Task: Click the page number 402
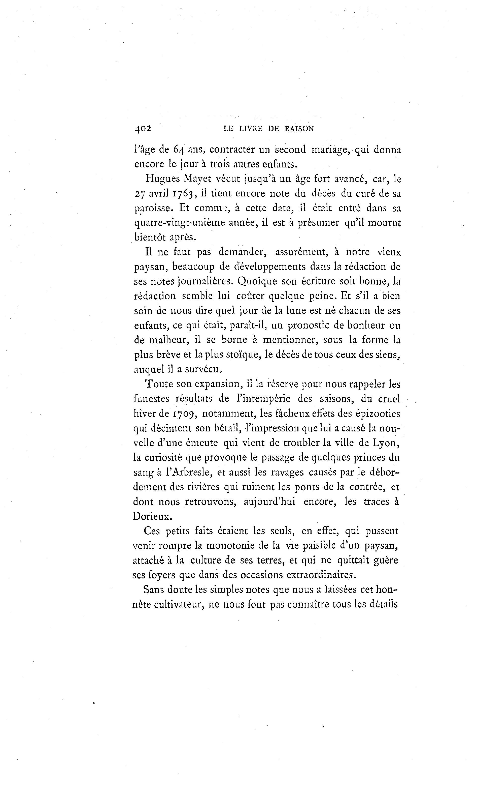[x=143, y=129]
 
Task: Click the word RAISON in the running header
[x=299, y=129]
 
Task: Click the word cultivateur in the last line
[x=177, y=604]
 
